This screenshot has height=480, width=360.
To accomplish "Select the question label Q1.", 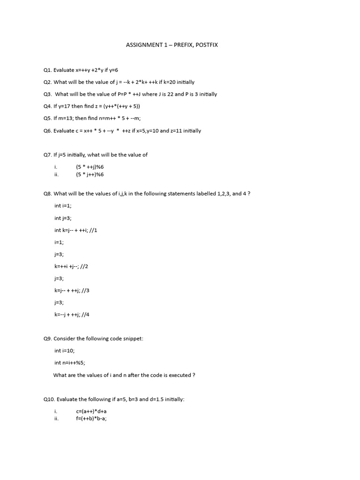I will (x=47, y=70).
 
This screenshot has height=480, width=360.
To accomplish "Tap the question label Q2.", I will (x=47, y=82).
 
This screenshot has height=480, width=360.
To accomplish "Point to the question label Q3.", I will (x=47, y=94).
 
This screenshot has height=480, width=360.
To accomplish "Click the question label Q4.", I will (x=47, y=106).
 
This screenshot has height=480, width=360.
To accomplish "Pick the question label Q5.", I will (x=47, y=119).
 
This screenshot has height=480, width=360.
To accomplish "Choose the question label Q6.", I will (x=47, y=131).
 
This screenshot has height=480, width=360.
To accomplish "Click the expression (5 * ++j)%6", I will (x=90, y=167).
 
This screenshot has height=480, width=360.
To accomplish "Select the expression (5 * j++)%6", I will (x=90, y=174).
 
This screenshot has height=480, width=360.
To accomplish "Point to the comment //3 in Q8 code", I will (x=85, y=291).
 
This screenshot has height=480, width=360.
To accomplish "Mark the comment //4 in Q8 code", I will (x=85, y=315).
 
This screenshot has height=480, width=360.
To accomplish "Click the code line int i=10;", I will (x=64, y=351).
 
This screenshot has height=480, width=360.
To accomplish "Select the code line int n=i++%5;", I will (x=70, y=363).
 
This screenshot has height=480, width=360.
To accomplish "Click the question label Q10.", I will (x=49, y=399).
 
